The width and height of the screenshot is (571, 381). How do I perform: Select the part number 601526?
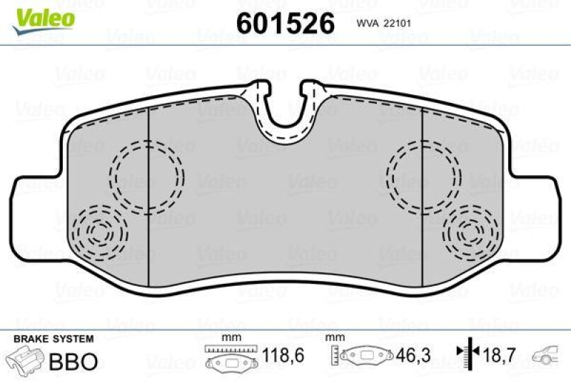coord(285,24)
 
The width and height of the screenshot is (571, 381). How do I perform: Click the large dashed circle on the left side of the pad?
coord(146,175)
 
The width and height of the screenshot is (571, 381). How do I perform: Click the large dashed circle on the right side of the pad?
coord(423,175)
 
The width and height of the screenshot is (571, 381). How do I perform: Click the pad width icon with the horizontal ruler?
coord(229,357)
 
